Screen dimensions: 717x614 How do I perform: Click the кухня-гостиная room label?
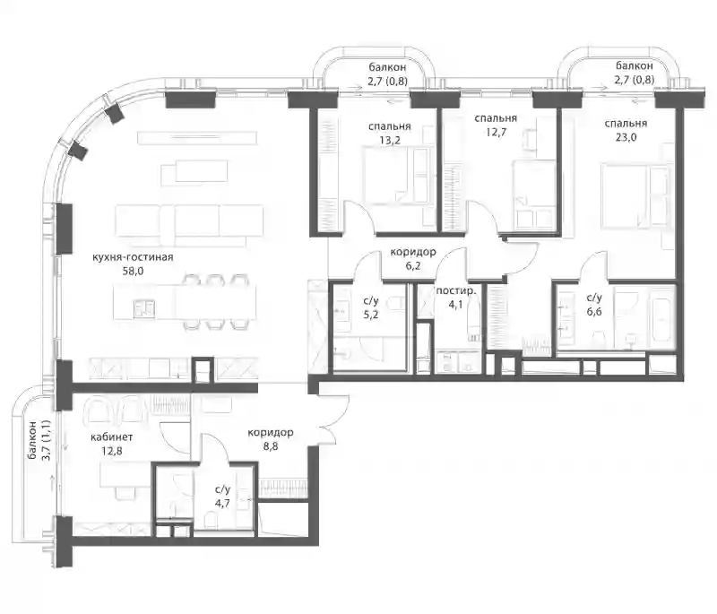(x=133, y=257)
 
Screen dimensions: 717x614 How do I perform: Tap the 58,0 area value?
(x=133, y=271)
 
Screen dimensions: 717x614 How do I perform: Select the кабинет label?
(x=112, y=437)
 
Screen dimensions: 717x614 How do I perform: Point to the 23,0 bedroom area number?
(x=626, y=137)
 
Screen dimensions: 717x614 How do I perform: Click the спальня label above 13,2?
(x=390, y=126)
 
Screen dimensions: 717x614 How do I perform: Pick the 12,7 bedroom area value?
(x=496, y=133)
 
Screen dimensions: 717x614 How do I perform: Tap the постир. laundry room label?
(x=456, y=291)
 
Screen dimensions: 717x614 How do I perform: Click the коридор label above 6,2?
(x=413, y=252)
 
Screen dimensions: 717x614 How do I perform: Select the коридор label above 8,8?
(x=271, y=433)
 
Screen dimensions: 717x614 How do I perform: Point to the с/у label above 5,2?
(x=371, y=301)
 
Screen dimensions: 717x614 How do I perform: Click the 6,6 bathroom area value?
(x=594, y=312)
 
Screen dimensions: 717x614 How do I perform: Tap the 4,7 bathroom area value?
(x=222, y=504)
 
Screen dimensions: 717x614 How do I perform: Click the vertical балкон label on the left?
(x=31, y=442)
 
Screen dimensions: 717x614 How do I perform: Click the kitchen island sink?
(x=144, y=308)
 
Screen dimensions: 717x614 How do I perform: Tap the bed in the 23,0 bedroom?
(x=635, y=195)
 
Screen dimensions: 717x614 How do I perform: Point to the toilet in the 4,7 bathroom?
(x=211, y=520)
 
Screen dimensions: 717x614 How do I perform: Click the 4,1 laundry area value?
(x=456, y=305)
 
